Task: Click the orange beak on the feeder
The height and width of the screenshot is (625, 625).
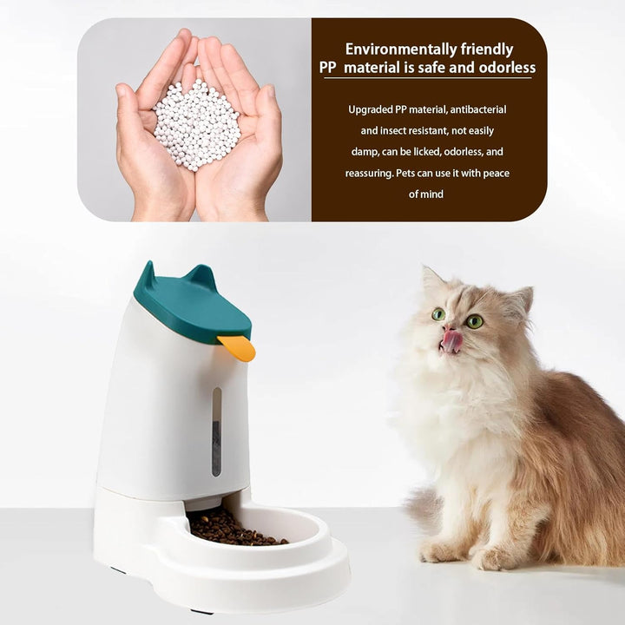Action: click(x=237, y=347)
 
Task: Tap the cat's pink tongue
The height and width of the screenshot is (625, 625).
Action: click(x=451, y=341)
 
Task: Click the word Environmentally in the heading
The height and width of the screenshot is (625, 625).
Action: click(x=400, y=49)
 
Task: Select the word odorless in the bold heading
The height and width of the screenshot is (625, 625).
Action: click(x=507, y=68)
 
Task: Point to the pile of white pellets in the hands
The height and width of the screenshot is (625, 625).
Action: click(x=196, y=124)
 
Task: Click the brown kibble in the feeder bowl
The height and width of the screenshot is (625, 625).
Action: click(x=235, y=528)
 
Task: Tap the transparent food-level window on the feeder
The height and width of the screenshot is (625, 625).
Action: click(x=216, y=431)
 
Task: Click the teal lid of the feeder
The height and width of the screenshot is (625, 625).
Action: click(x=192, y=304)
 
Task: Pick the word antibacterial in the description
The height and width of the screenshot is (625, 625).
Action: click(x=478, y=109)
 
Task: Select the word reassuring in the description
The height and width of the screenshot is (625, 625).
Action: click(x=369, y=174)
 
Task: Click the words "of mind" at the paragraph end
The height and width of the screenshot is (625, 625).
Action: click(x=425, y=194)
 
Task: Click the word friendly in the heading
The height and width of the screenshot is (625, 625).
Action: click(x=487, y=49)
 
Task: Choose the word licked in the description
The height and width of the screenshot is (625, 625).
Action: click(x=427, y=152)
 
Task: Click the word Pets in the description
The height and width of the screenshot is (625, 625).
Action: click(x=405, y=174)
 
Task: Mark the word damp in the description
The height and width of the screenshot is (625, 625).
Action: click(x=365, y=153)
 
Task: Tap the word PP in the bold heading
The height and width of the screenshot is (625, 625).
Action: click(x=327, y=68)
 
